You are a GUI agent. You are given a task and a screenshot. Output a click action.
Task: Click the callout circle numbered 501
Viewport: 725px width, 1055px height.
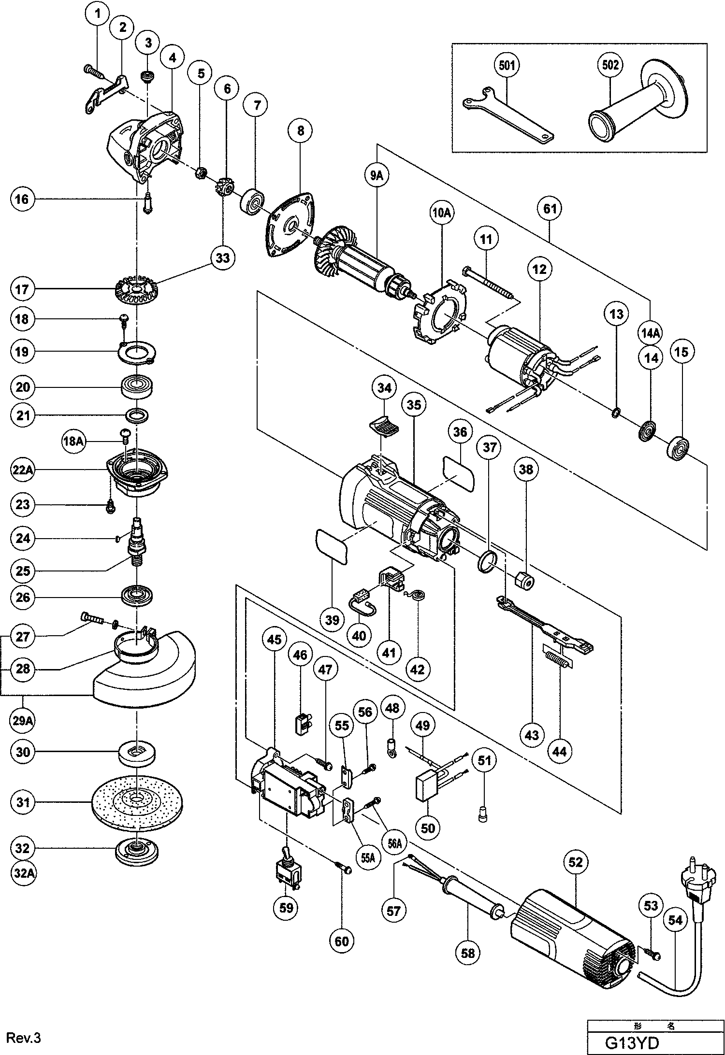click(x=507, y=66)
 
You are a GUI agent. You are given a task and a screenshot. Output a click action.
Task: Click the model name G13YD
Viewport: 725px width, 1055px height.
click(x=632, y=1042)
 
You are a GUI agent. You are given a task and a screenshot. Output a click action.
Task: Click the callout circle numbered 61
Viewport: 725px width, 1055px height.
click(x=550, y=209)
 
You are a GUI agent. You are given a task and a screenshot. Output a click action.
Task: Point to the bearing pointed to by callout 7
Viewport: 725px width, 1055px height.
click(x=251, y=202)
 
